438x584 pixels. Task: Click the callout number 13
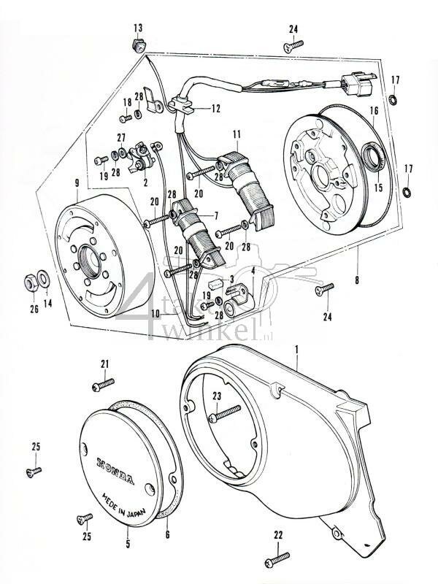pos(137,28)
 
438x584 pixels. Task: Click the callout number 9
pos(78,185)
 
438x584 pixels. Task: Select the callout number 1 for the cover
pos(296,350)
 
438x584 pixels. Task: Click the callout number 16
pos(374,111)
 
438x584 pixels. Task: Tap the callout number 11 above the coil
pos(237,134)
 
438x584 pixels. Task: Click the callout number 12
pos(215,109)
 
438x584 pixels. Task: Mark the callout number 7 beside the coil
pos(215,217)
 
